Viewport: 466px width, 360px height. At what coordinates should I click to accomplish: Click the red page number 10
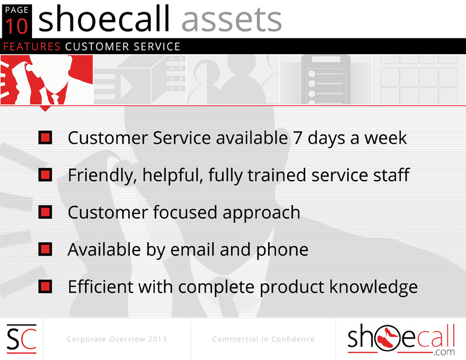pos(17,26)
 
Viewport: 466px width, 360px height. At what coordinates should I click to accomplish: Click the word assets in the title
pos(231,20)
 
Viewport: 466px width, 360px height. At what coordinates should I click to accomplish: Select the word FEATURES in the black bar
pos(32,47)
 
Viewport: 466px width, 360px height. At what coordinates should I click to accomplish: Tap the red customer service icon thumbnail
pos(47,80)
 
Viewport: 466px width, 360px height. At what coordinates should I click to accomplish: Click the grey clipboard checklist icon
pos(326,80)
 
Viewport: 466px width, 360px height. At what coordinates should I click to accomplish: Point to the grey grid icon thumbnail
pos(419,80)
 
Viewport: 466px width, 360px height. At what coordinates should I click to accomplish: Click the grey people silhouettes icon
pos(233,80)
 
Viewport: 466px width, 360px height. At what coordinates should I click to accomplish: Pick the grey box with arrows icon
pos(140,80)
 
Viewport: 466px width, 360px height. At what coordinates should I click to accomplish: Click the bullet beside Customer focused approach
pos(45,212)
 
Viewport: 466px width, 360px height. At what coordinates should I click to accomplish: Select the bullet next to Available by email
pos(45,249)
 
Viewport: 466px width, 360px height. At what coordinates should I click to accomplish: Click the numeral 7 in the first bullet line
pos(298,138)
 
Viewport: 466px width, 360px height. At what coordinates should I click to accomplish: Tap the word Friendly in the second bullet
pos(100,175)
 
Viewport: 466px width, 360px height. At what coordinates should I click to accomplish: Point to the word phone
pos(282,250)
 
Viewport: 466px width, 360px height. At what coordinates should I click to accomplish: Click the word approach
pos(261,213)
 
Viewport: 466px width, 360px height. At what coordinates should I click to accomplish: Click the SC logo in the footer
pos(22,339)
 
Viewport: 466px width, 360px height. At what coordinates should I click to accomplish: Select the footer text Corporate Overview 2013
pos(117,339)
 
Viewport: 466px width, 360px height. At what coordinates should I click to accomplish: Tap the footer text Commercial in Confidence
pos(263,339)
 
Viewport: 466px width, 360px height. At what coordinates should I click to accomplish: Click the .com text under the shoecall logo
pos(444,352)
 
